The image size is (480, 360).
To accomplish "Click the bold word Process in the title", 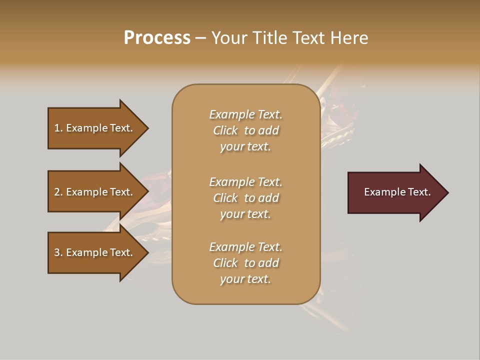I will (157, 38).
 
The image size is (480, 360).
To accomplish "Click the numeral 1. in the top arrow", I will (58, 128).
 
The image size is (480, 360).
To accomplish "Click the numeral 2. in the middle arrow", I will (58, 192).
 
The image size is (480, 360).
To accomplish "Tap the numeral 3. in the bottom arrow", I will (58, 252).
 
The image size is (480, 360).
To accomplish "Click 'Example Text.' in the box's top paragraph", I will (245, 114).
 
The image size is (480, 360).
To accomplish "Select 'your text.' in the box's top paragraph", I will (245, 147).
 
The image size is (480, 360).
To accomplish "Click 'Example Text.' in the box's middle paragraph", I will (245, 182).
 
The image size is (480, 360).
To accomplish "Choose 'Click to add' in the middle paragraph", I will (245, 198).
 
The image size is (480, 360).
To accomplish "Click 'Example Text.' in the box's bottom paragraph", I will (245, 247).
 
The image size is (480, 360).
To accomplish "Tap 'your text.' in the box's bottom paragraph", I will (245, 279).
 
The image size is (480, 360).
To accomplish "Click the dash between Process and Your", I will (200, 38).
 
